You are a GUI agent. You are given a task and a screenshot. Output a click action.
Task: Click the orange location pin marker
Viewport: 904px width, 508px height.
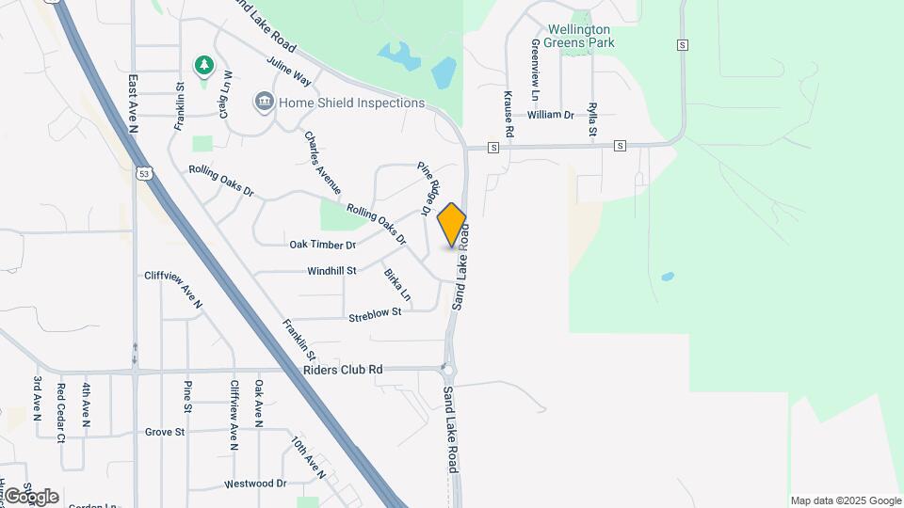point(452,225)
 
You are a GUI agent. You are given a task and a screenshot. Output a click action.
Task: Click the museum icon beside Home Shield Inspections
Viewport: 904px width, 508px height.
point(264,102)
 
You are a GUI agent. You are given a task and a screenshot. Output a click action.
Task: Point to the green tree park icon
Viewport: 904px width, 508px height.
point(203,65)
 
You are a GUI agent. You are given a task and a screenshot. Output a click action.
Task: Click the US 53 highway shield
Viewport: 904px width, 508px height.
point(143,174)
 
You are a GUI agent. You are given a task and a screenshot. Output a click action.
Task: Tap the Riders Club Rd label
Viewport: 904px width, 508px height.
point(343,370)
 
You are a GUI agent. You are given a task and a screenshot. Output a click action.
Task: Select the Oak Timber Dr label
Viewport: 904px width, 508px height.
point(322,245)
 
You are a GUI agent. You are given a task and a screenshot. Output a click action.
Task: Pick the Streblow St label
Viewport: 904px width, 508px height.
point(375,312)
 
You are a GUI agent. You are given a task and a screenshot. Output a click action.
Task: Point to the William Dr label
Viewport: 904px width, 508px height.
point(551,115)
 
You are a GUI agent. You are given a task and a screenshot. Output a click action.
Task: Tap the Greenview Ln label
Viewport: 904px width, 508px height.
point(534,71)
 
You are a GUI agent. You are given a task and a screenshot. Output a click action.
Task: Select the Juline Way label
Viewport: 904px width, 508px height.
point(288,71)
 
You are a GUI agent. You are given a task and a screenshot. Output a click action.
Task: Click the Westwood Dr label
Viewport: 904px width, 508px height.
point(254,484)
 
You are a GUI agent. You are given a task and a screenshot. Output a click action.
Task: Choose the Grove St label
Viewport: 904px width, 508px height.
point(165,432)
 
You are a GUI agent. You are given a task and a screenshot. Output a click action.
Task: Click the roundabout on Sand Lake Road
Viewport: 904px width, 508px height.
point(448,370)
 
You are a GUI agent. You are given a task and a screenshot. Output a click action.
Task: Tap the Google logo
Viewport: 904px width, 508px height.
point(31,497)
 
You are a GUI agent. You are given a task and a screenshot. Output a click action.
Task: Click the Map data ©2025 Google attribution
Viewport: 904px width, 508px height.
point(846,500)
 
